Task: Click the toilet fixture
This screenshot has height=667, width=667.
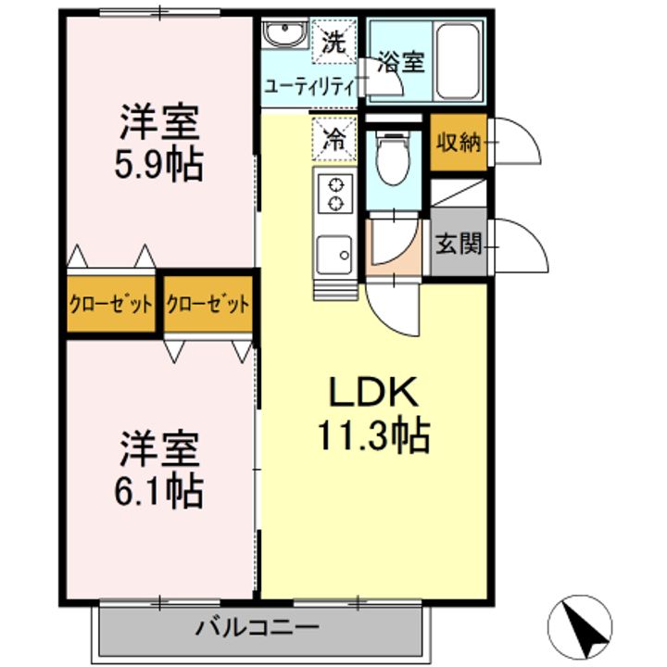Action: coord(393,158)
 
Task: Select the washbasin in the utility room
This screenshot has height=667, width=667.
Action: coord(285,32)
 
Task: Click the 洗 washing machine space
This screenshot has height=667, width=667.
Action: coord(333,42)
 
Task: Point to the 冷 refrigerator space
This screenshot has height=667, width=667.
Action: coord(333,139)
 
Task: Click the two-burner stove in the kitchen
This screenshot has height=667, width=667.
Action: coord(335,195)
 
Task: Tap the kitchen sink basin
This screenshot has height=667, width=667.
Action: coord(334,255)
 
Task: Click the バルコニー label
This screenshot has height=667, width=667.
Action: coord(257,627)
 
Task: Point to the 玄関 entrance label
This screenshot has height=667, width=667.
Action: coord(459,244)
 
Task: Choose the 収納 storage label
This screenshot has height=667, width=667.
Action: coord(459,142)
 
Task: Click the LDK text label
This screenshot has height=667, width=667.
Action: coord(373,392)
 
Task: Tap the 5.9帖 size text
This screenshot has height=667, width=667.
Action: coord(158,165)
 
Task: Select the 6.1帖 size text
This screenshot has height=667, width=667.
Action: coord(158,492)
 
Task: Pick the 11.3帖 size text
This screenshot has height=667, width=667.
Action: coord(373,435)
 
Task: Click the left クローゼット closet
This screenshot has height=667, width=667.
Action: coord(110,304)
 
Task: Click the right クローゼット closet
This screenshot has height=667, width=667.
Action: coord(208,304)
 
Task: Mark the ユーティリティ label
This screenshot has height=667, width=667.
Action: coord(309,87)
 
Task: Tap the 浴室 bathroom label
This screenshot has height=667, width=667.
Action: coord(401,62)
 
